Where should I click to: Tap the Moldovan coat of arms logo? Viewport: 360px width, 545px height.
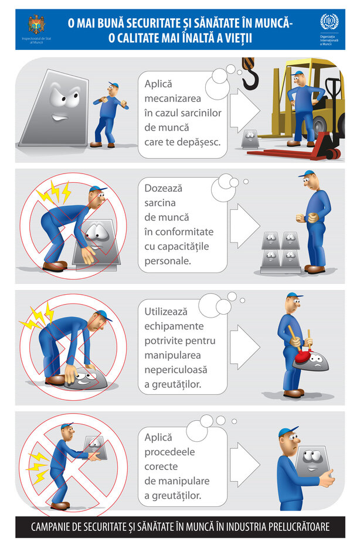coord(36,25)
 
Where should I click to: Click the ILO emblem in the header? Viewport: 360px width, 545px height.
coord(329,22)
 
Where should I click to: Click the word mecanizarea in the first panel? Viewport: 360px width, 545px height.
coord(172,98)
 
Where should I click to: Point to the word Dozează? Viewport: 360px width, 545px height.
coord(163,188)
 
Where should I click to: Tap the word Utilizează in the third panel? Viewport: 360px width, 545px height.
coord(166,311)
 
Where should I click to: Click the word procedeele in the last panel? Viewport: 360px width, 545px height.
coord(169,452)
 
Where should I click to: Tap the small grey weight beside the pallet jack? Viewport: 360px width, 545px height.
coord(250,139)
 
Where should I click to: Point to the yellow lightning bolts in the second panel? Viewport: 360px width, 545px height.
coord(55,193)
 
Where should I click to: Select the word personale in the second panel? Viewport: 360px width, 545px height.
coord(168,261)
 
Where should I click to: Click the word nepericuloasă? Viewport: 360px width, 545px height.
coord(176,369)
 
